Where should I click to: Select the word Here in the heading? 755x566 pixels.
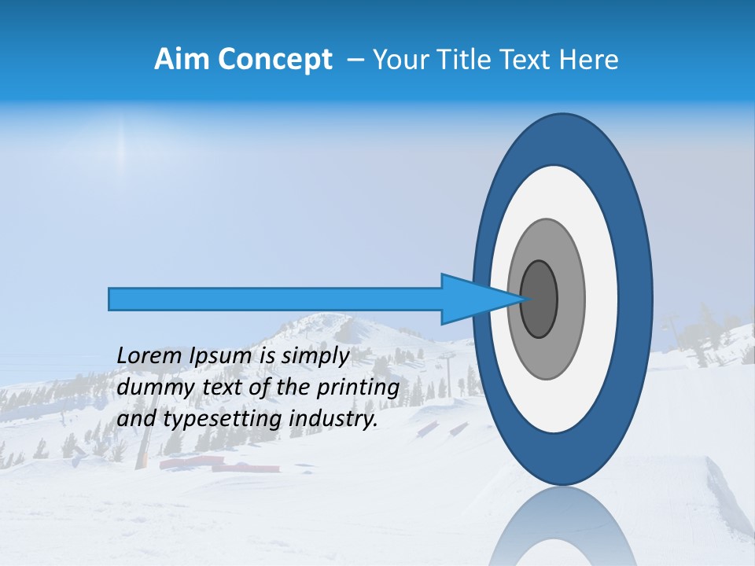(591, 59)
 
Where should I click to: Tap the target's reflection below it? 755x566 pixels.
(563, 527)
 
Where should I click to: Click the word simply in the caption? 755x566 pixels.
(315, 356)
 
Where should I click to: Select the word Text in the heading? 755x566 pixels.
(531, 59)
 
